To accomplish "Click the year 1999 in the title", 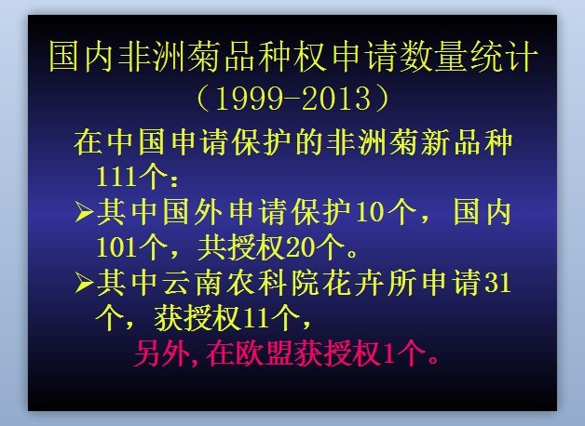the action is click(x=249, y=99).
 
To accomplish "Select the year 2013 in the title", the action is click(x=336, y=99).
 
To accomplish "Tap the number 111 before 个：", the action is click(x=116, y=176).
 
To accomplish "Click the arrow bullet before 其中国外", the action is click(x=84, y=212).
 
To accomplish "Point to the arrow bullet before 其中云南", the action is click(x=84, y=283).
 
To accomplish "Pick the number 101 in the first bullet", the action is click(x=116, y=246).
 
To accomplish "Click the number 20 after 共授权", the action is click(x=299, y=246).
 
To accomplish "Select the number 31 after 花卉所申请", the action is click(x=497, y=283).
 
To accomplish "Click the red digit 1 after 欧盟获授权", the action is click(x=388, y=353).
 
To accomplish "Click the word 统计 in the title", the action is click(x=504, y=57).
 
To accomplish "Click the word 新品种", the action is click(x=467, y=142).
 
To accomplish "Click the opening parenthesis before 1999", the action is click(x=204, y=99).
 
